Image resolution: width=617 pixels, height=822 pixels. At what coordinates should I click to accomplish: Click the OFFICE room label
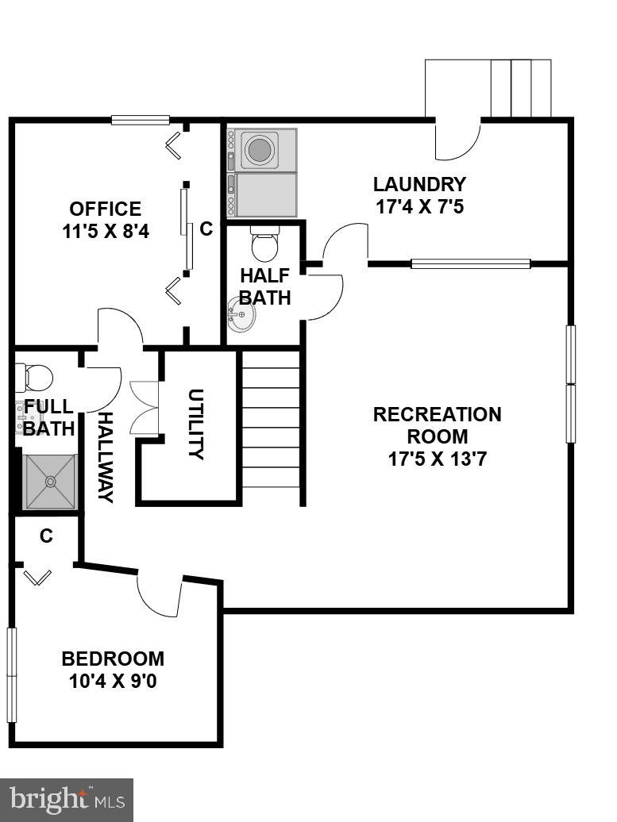pos(105,209)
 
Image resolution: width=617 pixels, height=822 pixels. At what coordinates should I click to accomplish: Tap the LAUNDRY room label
pos(419,185)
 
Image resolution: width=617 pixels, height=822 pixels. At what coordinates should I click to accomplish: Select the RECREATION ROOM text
pos(438,425)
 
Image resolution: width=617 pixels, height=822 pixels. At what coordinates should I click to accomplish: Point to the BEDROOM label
pos(113,659)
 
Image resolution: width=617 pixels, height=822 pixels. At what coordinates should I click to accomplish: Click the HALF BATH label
pos(264,286)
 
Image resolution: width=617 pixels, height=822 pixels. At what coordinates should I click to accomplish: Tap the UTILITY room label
pos(196,424)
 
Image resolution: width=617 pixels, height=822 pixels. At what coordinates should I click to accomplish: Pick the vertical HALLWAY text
pos(106,457)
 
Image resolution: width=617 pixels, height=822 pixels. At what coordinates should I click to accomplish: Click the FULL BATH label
pos(48,417)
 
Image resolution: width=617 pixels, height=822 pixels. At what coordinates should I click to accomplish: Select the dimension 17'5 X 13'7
pos(438,459)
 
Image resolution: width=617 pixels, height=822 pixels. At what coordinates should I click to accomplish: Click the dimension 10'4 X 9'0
pos(113,681)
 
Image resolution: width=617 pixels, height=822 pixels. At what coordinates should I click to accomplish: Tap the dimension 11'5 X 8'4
pos(105,232)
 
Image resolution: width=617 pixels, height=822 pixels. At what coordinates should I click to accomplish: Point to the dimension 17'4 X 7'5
pos(419,207)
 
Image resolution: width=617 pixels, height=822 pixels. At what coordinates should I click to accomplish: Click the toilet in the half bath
pos(264,244)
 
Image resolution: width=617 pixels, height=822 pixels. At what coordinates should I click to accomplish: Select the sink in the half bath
pos(241,317)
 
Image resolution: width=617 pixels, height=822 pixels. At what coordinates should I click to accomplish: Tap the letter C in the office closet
pos(206,229)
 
